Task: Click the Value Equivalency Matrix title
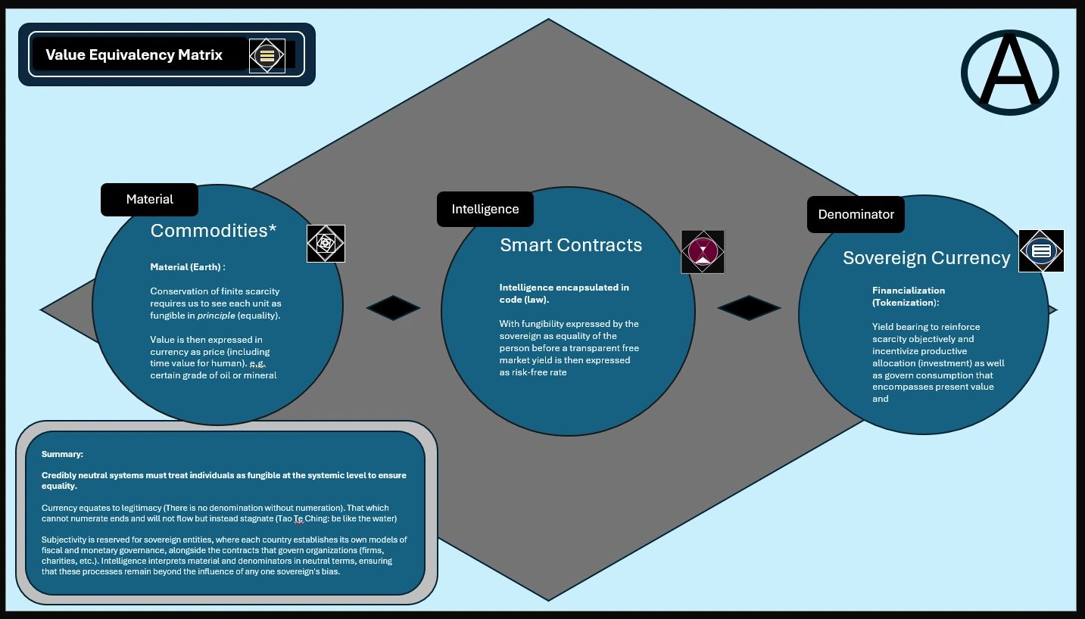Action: click(134, 54)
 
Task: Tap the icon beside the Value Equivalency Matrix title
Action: click(267, 55)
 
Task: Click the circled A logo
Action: click(1009, 73)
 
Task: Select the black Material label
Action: click(149, 200)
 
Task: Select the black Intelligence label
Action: click(485, 209)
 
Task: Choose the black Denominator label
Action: click(856, 214)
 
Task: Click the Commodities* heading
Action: click(214, 231)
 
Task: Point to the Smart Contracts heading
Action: click(571, 245)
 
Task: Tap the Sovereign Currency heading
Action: click(926, 258)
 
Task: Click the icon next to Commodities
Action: click(326, 244)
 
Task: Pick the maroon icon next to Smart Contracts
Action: click(703, 251)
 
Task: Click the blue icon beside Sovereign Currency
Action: click(1041, 250)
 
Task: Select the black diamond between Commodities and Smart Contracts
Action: click(393, 308)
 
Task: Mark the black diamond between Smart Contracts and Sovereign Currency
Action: click(748, 308)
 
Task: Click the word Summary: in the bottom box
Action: click(62, 454)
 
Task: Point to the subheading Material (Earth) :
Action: click(187, 267)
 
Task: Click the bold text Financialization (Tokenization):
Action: click(908, 296)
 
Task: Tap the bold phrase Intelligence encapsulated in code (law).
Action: click(563, 293)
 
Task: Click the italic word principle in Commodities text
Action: click(216, 316)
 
